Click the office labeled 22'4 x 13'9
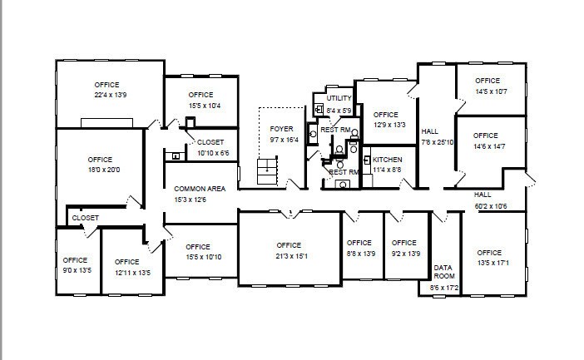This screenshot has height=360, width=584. (106, 90)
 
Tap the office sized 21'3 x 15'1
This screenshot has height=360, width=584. (289, 250)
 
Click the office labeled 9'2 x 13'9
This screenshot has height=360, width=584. (404, 248)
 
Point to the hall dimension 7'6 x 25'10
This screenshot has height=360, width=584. (438, 142)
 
